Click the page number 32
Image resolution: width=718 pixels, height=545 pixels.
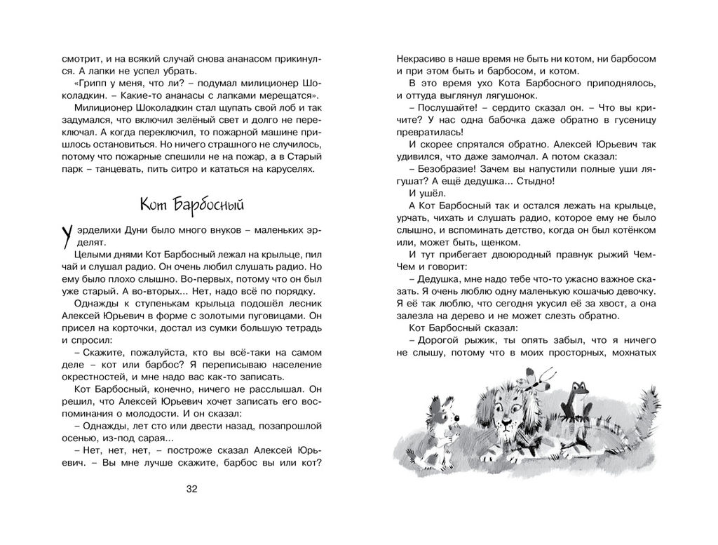point(193,489)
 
